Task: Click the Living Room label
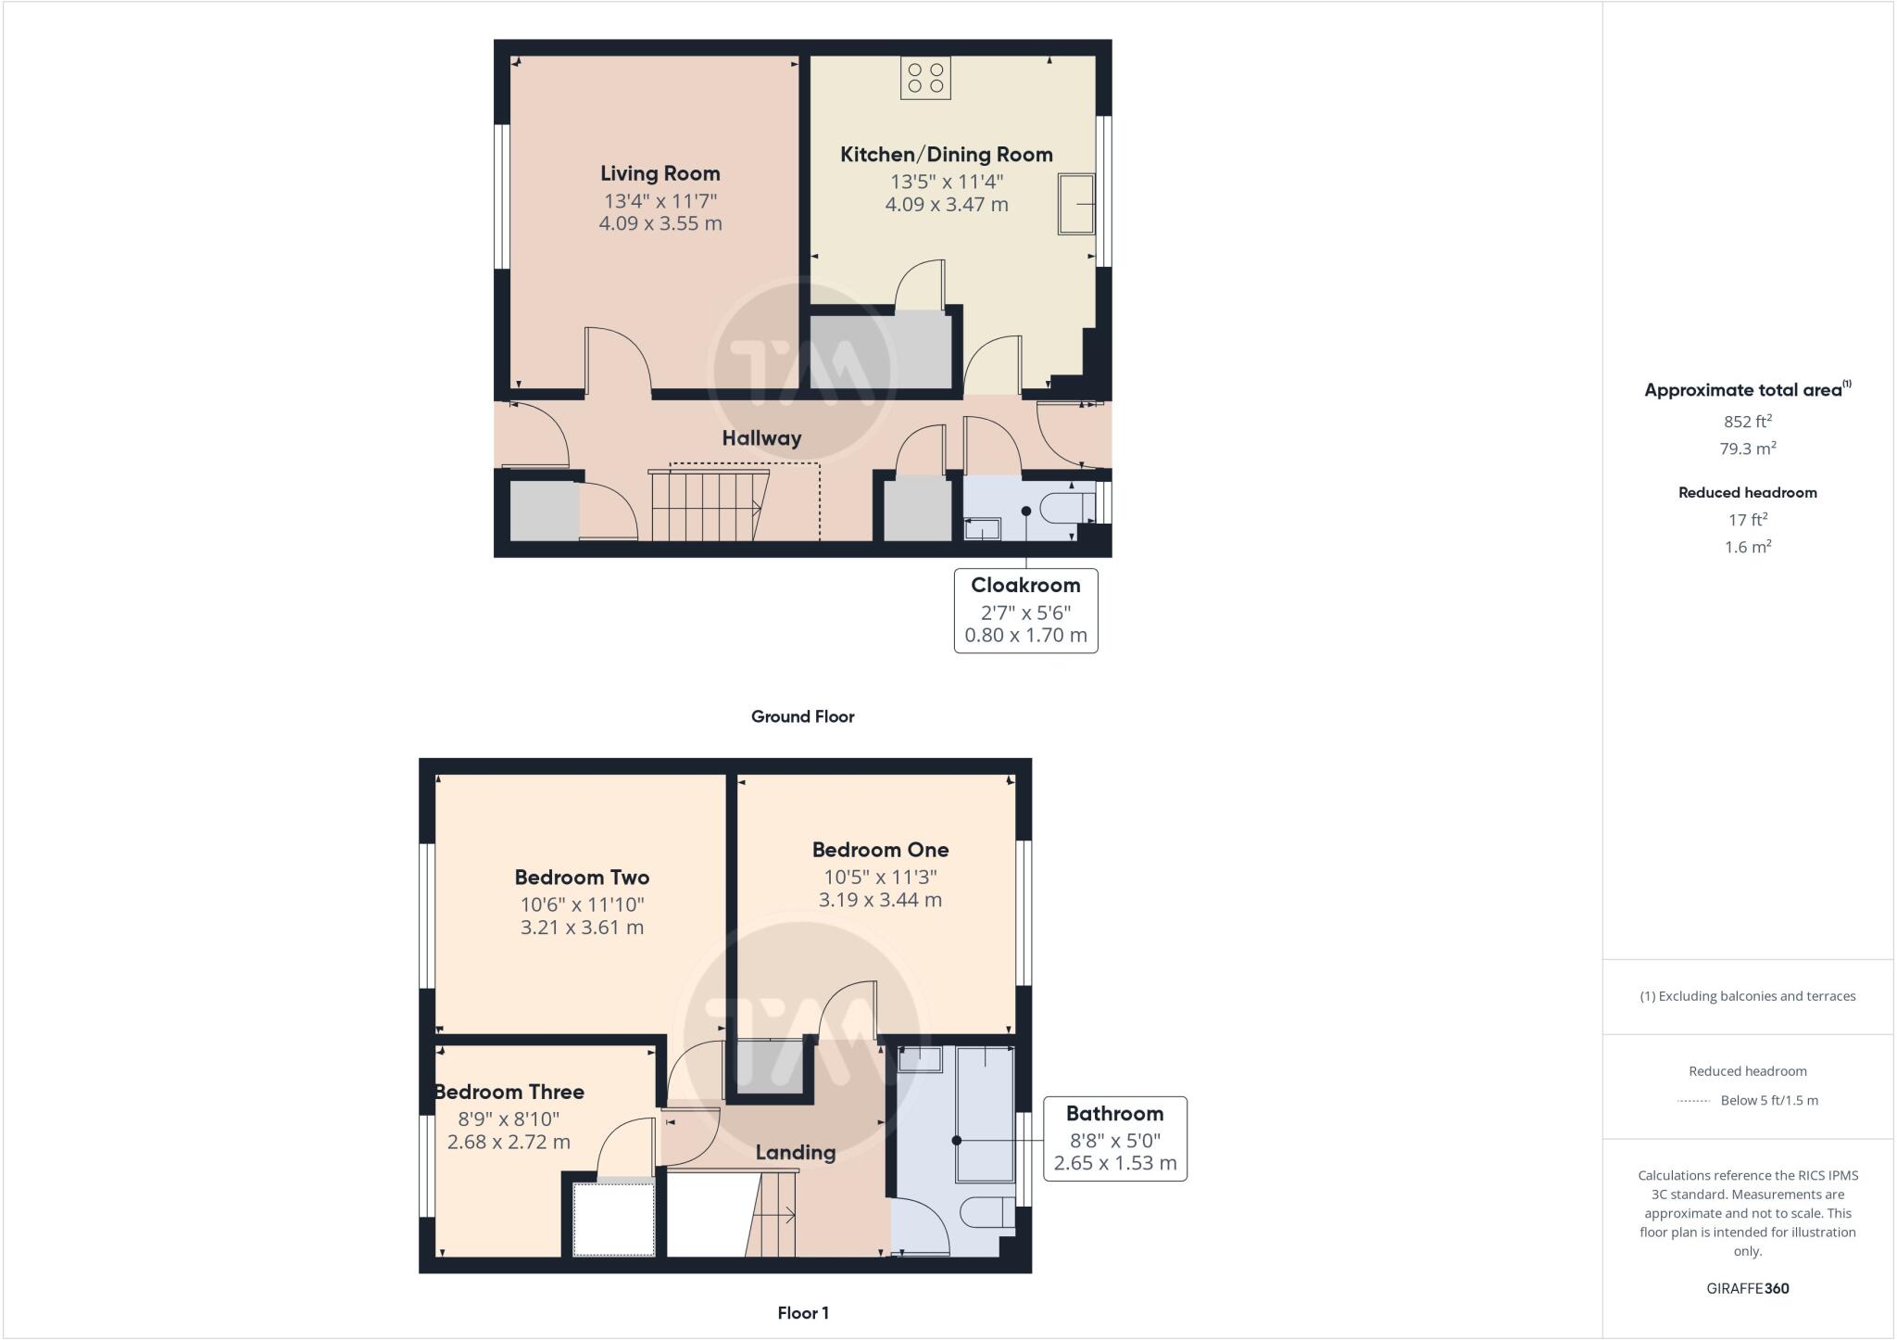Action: pyautogui.click(x=660, y=173)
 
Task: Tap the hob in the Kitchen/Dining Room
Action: pyautogui.click(x=925, y=78)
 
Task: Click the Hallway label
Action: pyautogui.click(x=761, y=438)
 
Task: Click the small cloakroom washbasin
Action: pyautogui.click(x=982, y=529)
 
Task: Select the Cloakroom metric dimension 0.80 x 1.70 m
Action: pyautogui.click(x=1025, y=636)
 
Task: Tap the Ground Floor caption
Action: pyautogui.click(x=802, y=716)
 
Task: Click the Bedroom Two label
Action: pyautogui.click(x=582, y=877)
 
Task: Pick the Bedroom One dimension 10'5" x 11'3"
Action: pyautogui.click(x=880, y=877)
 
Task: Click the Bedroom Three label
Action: pyautogui.click(x=509, y=1092)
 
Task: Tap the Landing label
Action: pyautogui.click(x=795, y=1153)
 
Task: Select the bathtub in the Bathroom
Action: pyautogui.click(x=986, y=1115)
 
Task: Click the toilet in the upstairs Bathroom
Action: pyautogui.click(x=986, y=1212)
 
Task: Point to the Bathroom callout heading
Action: pyautogui.click(x=1114, y=1114)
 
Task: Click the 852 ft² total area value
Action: pyautogui.click(x=1747, y=422)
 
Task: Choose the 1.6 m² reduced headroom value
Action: pyautogui.click(x=1747, y=548)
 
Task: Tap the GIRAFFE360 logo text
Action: pyautogui.click(x=1747, y=1288)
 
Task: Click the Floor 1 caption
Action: pyautogui.click(x=802, y=1313)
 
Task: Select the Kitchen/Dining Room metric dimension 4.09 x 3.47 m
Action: pyautogui.click(x=946, y=205)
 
